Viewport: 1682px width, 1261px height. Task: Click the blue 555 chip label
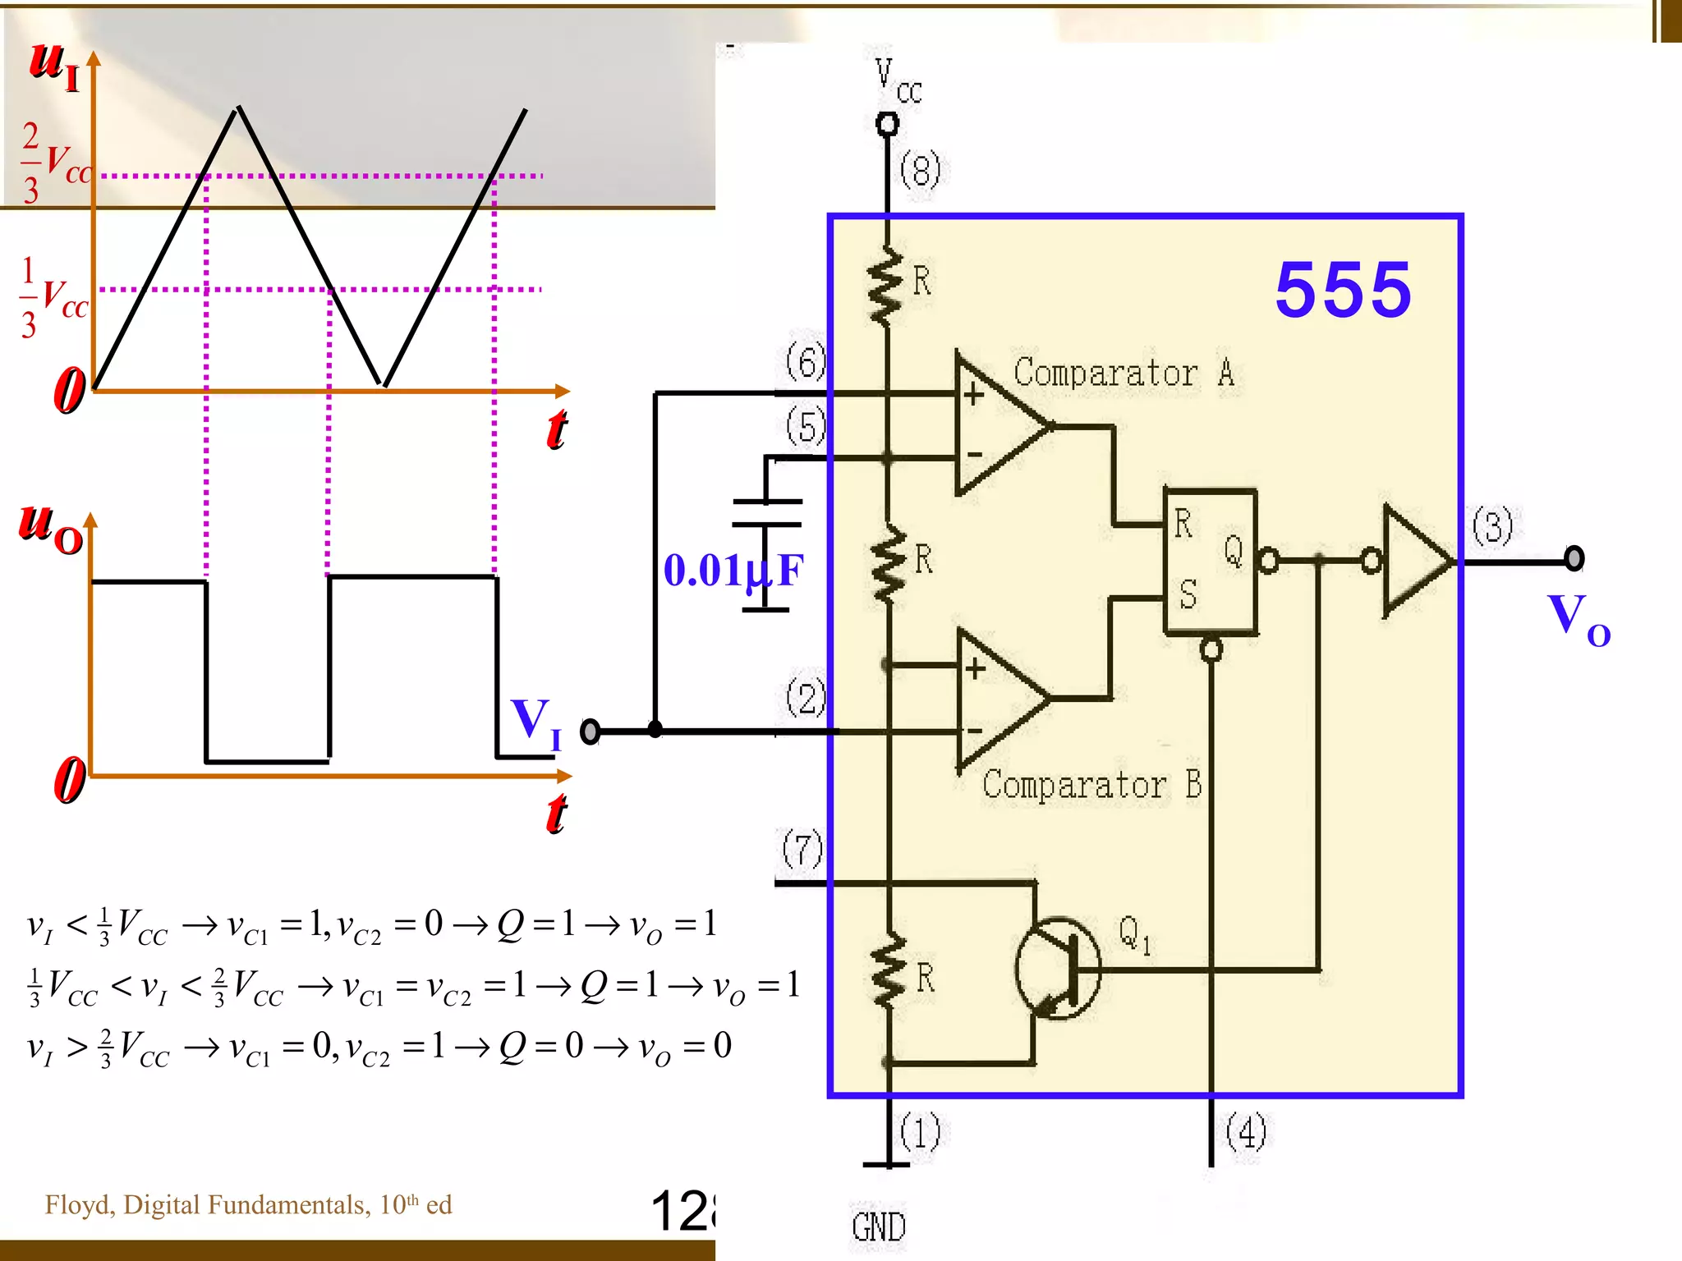pos(1343,290)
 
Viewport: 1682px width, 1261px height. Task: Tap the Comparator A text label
pos(1123,374)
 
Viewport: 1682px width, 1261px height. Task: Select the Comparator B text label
pos(1091,786)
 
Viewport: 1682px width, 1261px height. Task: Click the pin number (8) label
pos(919,171)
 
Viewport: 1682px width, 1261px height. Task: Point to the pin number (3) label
pos(1491,527)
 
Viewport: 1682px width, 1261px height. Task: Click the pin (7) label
pos(802,850)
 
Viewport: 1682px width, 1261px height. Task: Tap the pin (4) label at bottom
pos(1245,1133)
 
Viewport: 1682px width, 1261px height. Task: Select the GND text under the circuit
pos(878,1227)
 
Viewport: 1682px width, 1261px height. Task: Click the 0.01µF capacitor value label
pos(733,571)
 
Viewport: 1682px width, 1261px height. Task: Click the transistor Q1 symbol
pos(1058,969)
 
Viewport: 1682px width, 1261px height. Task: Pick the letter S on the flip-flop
pos(1188,594)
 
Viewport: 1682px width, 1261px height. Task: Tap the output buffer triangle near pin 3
pos(1414,562)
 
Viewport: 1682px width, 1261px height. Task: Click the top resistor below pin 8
pos(885,286)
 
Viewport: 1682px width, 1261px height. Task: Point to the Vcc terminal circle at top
pos(887,125)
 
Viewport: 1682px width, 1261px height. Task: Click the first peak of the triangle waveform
pos(238,108)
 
